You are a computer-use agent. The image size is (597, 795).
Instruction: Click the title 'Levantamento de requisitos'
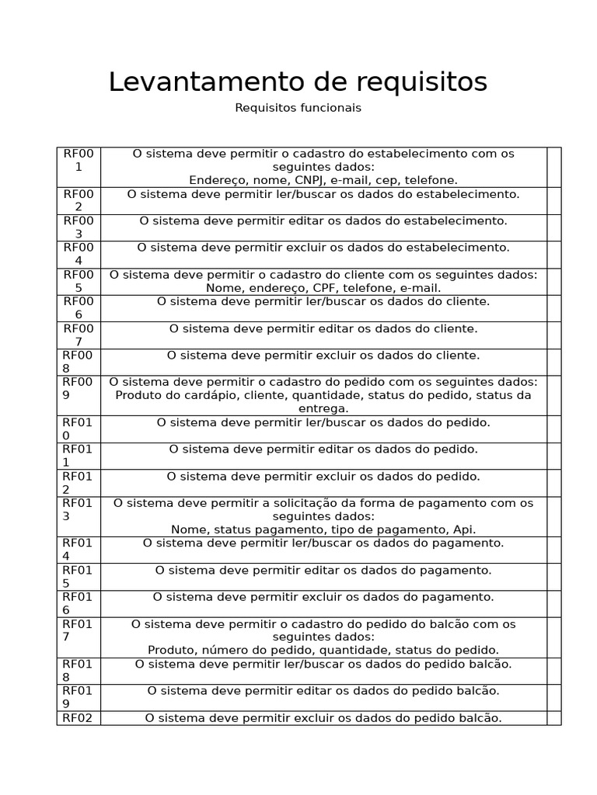(298, 82)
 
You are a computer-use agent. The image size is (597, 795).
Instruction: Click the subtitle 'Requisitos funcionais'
(298, 108)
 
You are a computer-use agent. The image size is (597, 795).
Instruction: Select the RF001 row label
(78, 160)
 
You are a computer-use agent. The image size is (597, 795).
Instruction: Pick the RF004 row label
(78, 254)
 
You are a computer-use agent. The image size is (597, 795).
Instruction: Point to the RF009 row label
(78, 388)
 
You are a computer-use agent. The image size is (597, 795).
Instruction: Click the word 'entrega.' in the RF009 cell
(323, 408)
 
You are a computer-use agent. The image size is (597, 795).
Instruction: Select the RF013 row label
(78, 509)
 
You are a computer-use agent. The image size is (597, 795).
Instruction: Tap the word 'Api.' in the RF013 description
(464, 529)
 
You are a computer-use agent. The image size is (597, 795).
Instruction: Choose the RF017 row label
(78, 630)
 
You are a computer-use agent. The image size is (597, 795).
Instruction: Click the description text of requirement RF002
(323, 194)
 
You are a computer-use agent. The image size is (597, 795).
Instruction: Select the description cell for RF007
(323, 328)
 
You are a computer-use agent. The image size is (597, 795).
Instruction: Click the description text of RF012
(323, 476)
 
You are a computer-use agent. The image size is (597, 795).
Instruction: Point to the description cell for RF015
(323, 570)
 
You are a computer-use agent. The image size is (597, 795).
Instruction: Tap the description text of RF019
(323, 690)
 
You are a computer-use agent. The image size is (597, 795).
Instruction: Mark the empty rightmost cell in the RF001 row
(553, 167)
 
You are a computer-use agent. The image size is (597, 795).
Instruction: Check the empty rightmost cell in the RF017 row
(553, 637)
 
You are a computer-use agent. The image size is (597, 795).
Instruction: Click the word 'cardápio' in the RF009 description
(205, 395)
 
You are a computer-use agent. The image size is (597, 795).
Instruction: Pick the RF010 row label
(78, 429)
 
